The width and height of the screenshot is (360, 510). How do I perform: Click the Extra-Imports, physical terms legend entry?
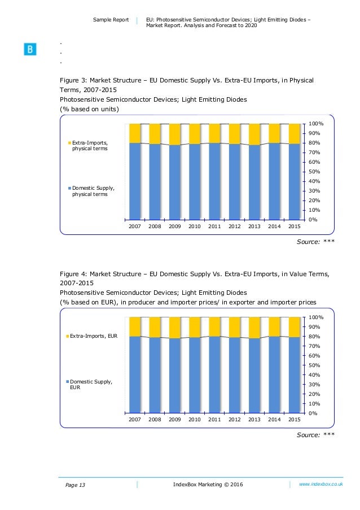click(89, 146)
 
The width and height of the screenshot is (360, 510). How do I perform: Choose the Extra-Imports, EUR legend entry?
click(93, 336)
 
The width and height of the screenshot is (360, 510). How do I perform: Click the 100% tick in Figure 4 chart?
click(315, 317)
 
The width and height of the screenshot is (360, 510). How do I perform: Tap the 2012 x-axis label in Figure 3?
click(234, 226)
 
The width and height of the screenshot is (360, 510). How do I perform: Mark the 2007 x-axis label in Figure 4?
click(134, 420)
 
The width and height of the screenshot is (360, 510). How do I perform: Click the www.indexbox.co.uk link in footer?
click(321, 484)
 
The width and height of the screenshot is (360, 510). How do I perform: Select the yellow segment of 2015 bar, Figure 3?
click(294, 133)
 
